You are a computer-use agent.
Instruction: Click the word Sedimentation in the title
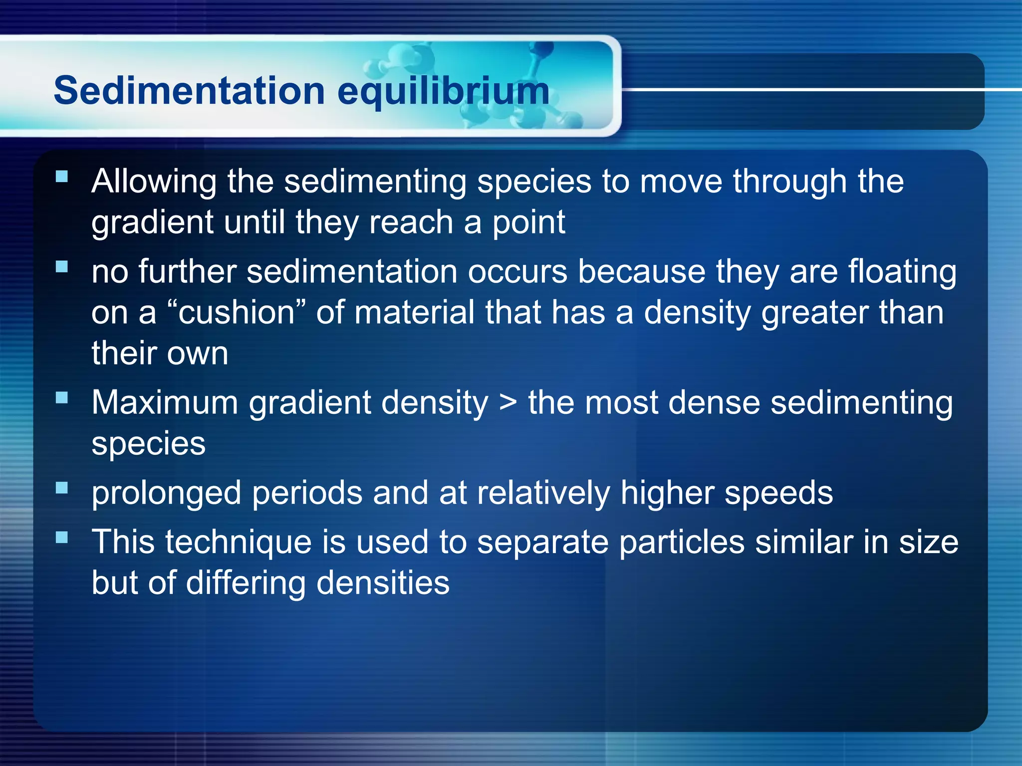click(190, 91)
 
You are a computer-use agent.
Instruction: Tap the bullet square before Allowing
click(62, 176)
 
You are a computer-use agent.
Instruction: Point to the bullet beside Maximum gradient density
click(62, 397)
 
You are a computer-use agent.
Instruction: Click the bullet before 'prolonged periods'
click(62, 488)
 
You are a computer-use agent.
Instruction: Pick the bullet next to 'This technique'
click(62, 537)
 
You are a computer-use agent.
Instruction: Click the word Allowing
click(154, 182)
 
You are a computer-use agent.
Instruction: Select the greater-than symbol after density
click(508, 403)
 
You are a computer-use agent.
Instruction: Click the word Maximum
click(165, 402)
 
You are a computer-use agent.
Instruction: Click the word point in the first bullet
click(529, 223)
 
